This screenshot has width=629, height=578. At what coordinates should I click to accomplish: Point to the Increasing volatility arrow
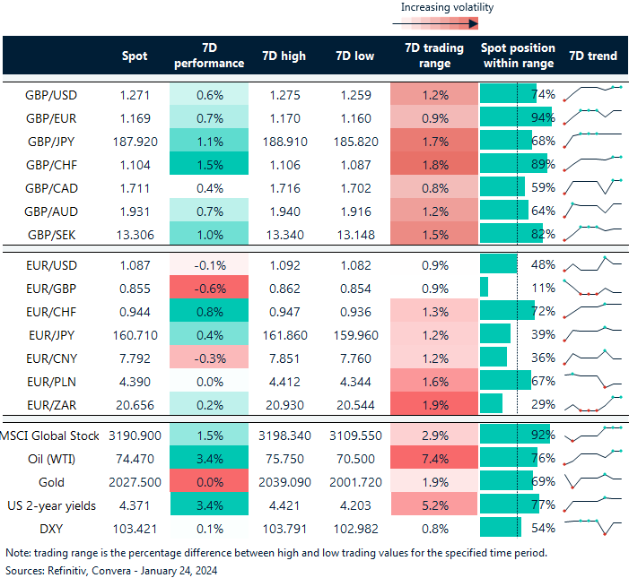pyautogui.click(x=446, y=25)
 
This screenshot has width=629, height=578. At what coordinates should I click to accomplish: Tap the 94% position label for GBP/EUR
pyautogui.click(x=543, y=117)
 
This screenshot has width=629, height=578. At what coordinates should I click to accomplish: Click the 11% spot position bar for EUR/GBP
pyautogui.click(x=485, y=287)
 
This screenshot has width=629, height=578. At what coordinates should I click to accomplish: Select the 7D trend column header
pyautogui.click(x=593, y=56)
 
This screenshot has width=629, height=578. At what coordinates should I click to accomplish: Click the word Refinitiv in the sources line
pyautogui.click(x=70, y=569)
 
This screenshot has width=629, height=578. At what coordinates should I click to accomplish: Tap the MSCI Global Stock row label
pyautogui.click(x=54, y=436)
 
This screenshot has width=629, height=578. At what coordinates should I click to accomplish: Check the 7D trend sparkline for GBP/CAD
pyautogui.click(x=592, y=187)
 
